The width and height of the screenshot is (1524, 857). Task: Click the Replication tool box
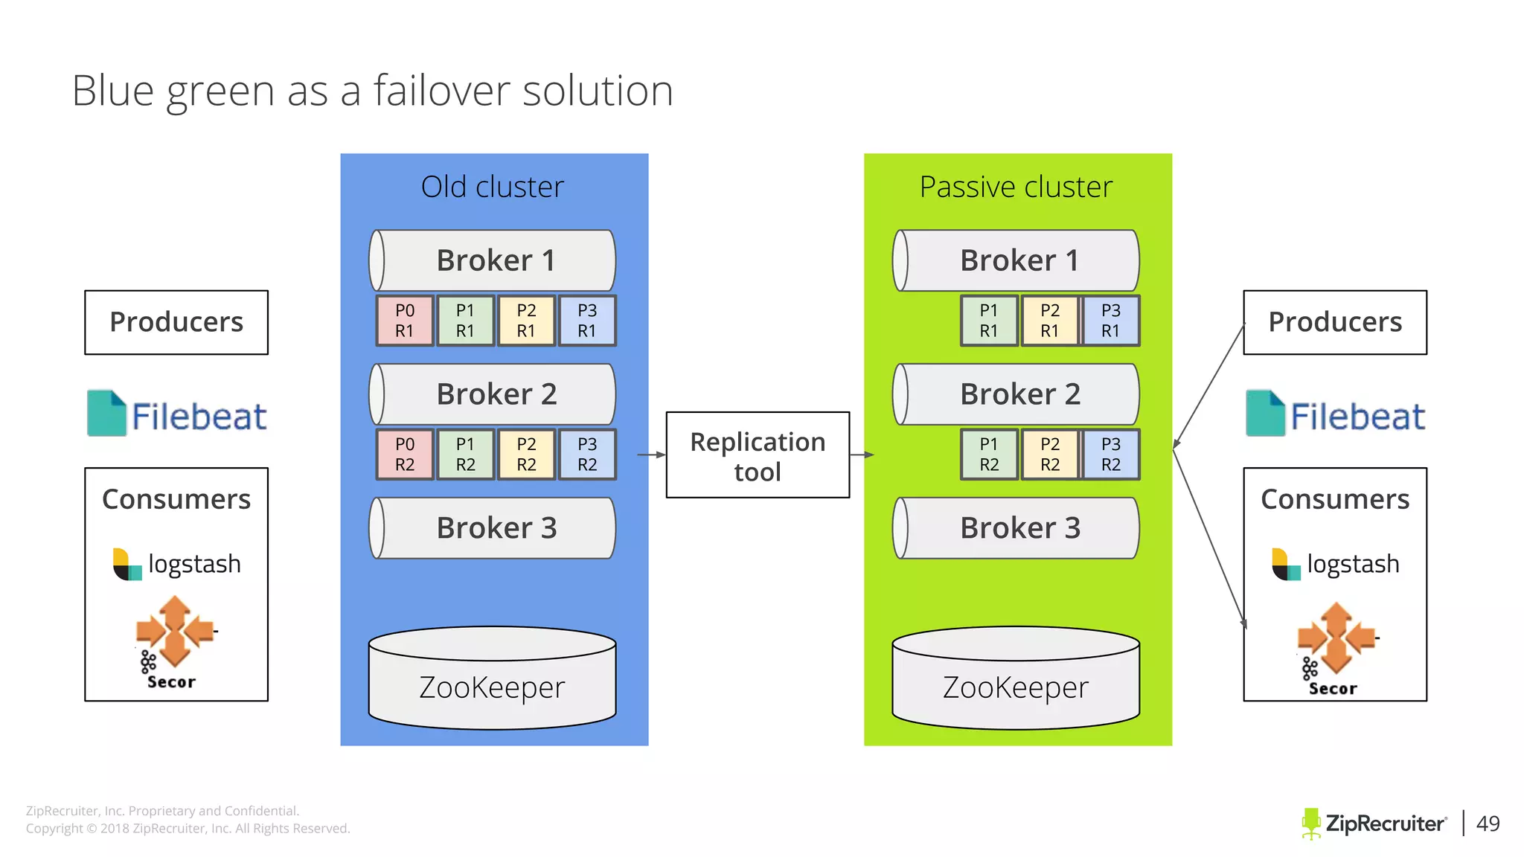tap(757, 455)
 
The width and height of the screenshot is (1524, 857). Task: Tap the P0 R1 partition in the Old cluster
tap(404, 321)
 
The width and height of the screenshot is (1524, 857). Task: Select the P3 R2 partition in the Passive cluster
tap(1110, 455)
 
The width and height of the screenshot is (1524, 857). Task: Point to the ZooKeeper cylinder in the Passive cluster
tap(1016, 681)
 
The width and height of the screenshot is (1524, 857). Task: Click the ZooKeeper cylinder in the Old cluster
tap(492, 681)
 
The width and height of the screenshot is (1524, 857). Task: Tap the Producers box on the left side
tap(176, 322)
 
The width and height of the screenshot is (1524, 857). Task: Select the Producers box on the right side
tap(1335, 322)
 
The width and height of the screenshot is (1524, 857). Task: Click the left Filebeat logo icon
tap(106, 413)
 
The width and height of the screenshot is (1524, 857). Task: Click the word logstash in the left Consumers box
tap(194, 564)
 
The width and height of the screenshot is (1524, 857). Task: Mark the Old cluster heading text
tap(492, 187)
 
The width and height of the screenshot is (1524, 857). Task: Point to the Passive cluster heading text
tap(1016, 187)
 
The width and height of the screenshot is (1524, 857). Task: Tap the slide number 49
tap(1488, 824)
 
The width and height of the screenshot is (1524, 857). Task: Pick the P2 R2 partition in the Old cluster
tap(526, 455)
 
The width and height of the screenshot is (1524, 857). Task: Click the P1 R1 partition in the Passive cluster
tap(988, 321)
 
